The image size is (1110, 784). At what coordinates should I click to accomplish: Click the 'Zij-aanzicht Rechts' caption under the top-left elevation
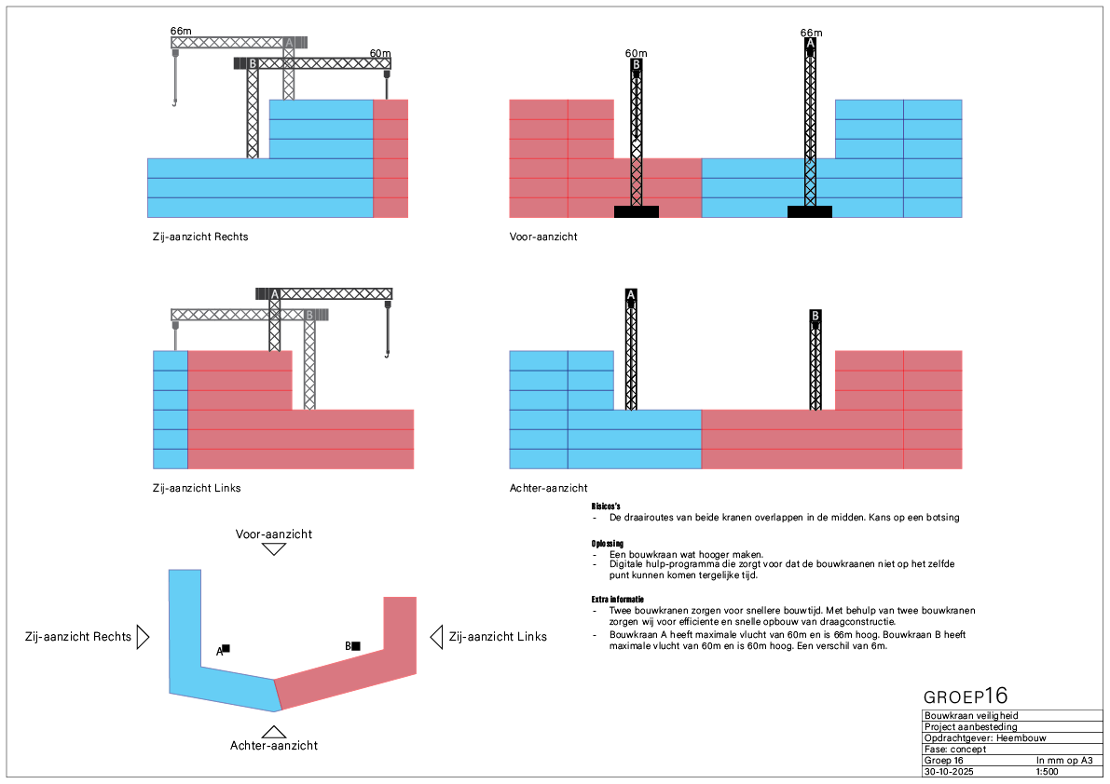199,237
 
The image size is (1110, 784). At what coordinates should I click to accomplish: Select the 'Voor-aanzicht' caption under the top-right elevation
543,237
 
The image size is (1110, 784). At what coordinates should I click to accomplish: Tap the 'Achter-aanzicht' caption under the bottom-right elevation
548,488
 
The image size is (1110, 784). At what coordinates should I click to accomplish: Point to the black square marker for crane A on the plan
226,648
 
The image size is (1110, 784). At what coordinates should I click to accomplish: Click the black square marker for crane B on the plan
355,645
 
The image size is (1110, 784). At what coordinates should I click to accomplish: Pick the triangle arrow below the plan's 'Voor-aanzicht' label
273,548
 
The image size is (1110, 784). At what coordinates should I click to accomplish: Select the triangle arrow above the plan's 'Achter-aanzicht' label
273,732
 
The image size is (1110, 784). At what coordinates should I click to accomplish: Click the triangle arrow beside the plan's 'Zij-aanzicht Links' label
435,637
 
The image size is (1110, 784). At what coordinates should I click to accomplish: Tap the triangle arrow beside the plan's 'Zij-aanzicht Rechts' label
143,637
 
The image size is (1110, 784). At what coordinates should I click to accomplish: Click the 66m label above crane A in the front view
811,33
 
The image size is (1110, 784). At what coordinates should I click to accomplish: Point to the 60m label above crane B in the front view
636,53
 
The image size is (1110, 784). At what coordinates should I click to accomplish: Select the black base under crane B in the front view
637,211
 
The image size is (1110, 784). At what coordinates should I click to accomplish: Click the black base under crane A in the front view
810,211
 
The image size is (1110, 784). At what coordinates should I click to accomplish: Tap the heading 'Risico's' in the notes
606,506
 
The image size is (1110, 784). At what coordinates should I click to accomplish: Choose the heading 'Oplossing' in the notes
608,543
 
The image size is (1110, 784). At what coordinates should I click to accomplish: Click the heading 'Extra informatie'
617,599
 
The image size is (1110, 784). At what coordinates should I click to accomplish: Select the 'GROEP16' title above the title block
966,696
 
